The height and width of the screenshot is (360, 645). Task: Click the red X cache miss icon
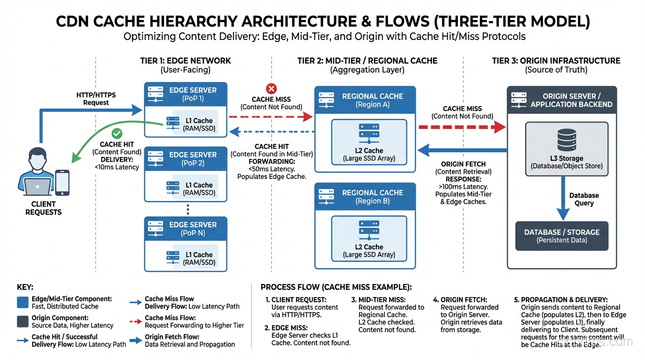[271, 89]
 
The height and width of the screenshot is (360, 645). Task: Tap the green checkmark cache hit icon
[117, 134]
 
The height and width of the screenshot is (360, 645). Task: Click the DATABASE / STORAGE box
[562, 236]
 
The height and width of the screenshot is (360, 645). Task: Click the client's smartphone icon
[62, 183]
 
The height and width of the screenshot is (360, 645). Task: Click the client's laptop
[38, 187]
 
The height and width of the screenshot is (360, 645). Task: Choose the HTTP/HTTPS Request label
[96, 98]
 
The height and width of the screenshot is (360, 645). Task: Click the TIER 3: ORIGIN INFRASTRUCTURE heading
[556, 61]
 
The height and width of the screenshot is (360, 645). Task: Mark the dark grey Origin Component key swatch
[22, 321]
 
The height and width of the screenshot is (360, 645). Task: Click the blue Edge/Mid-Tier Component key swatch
[22, 302]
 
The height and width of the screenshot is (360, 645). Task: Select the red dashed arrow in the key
[135, 322]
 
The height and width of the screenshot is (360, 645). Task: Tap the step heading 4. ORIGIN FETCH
[460, 300]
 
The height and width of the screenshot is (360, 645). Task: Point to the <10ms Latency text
[117, 167]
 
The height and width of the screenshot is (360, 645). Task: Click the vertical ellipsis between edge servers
[188, 209]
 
